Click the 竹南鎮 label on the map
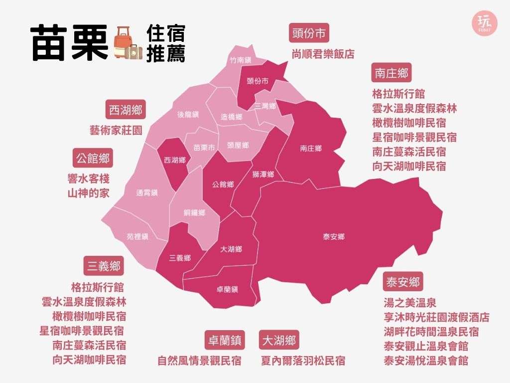[240, 60]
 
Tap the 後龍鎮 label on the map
[188, 114]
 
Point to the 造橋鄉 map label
[232, 117]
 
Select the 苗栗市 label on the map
[204, 148]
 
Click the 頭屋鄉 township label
[238, 145]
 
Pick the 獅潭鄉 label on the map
[263, 174]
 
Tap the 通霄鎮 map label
[147, 192]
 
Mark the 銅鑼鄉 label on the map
[194, 212]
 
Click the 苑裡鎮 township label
[137, 237]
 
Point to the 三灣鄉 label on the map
[264, 106]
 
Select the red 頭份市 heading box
[309, 34]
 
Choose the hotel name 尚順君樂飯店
[323, 54]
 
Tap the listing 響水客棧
[88, 178]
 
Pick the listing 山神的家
[88, 193]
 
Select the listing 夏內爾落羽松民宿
[303, 360]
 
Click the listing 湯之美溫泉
[410, 302]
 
